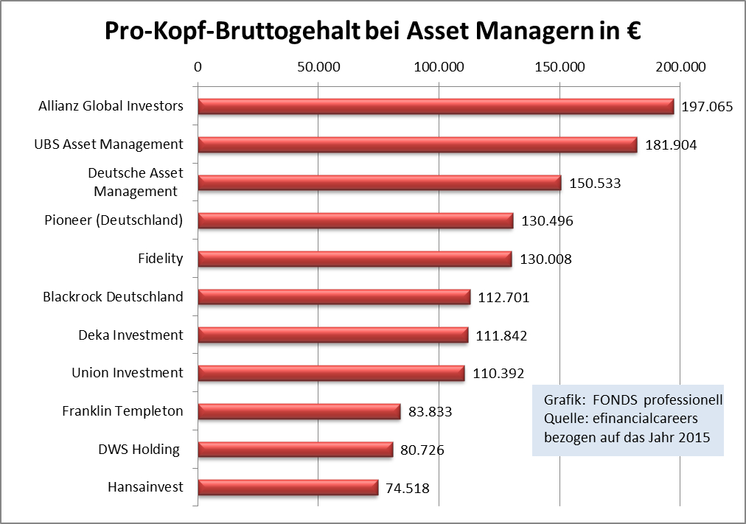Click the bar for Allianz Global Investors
(436, 106)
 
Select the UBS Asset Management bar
(417, 144)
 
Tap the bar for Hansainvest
(288, 487)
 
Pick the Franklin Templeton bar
(299, 411)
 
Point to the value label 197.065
(707, 107)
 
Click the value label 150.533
(595, 184)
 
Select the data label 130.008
(545, 259)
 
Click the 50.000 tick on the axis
(318, 67)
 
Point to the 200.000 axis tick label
(680, 67)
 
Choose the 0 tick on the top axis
(198, 67)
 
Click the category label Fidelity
(160, 259)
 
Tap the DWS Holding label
(139, 449)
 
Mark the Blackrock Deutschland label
(113, 296)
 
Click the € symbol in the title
(629, 32)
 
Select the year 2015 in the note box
(694, 437)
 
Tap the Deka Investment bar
(333, 335)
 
